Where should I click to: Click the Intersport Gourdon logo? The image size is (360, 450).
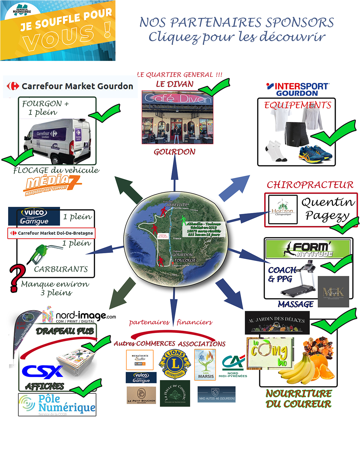298,89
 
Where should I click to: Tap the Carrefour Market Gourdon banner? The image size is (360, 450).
70,86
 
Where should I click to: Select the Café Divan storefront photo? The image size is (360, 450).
177,118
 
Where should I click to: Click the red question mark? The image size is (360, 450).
17,278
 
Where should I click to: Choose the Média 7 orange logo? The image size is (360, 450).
52,184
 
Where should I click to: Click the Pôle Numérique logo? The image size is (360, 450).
57,404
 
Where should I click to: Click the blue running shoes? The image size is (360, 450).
315,153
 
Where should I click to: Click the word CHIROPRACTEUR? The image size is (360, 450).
310,185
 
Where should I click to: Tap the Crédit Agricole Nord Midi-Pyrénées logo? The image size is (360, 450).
233,366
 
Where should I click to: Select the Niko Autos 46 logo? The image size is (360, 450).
217,394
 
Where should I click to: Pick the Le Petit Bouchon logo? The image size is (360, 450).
141,395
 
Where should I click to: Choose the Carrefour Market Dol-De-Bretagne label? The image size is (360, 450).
51,233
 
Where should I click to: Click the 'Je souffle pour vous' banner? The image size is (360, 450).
58,31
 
